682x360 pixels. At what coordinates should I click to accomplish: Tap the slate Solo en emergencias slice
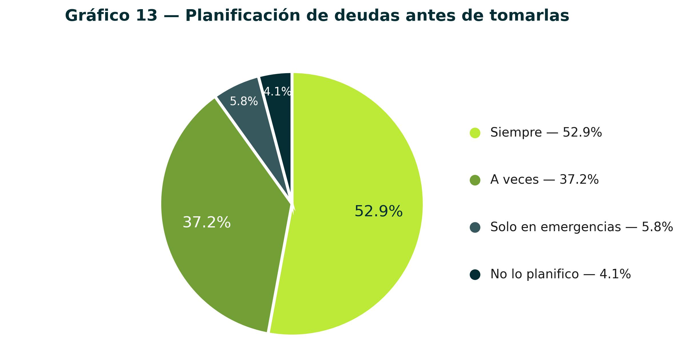pos(251,120)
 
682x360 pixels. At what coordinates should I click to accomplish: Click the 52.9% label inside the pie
pos(378,211)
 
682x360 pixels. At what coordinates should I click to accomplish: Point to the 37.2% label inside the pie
pos(207,223)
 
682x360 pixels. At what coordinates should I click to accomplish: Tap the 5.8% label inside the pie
pos(244,101)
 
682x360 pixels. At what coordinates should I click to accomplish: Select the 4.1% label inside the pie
pos(277,92)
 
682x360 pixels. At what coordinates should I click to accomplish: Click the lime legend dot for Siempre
pos(475,133)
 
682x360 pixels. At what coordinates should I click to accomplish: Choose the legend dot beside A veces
pos(475,180)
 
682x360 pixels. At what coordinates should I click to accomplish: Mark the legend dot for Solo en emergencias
pos(475,227)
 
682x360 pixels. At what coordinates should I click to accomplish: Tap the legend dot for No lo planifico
pos(475,275)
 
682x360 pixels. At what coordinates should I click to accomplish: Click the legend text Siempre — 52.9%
pos(546,133)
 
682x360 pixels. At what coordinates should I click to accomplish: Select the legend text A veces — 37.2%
pos(544,180)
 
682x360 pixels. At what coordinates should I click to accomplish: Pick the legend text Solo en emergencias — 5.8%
pos(582,227)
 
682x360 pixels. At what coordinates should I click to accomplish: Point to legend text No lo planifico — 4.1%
pos(561,274)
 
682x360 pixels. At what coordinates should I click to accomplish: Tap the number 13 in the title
pos(147,16)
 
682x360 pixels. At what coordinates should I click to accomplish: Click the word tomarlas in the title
pos(529,16)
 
